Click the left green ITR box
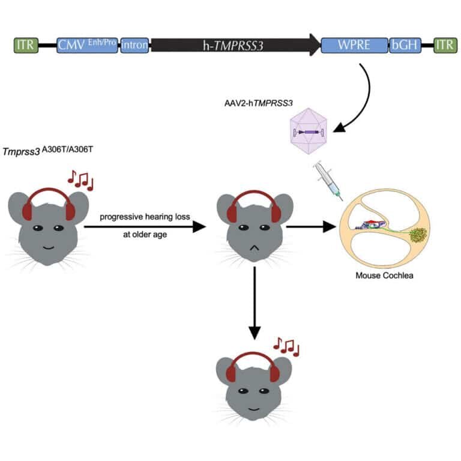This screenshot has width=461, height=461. pyautogui.click(x=26, y=45)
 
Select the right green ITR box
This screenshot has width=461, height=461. pyautogui.click(x=444, y=45)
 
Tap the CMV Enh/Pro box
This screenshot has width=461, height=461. pyautogui.click(x=88, y=45)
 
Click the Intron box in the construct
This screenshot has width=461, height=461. pyautogui.click(x=134, y=45)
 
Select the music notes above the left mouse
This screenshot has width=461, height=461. pyautogui.click(x=80, y=179)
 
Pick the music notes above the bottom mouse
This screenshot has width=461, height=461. pyautogui.click(x=286, y=346)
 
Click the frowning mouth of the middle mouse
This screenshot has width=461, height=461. pyautogui.click(x=255, y=247)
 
